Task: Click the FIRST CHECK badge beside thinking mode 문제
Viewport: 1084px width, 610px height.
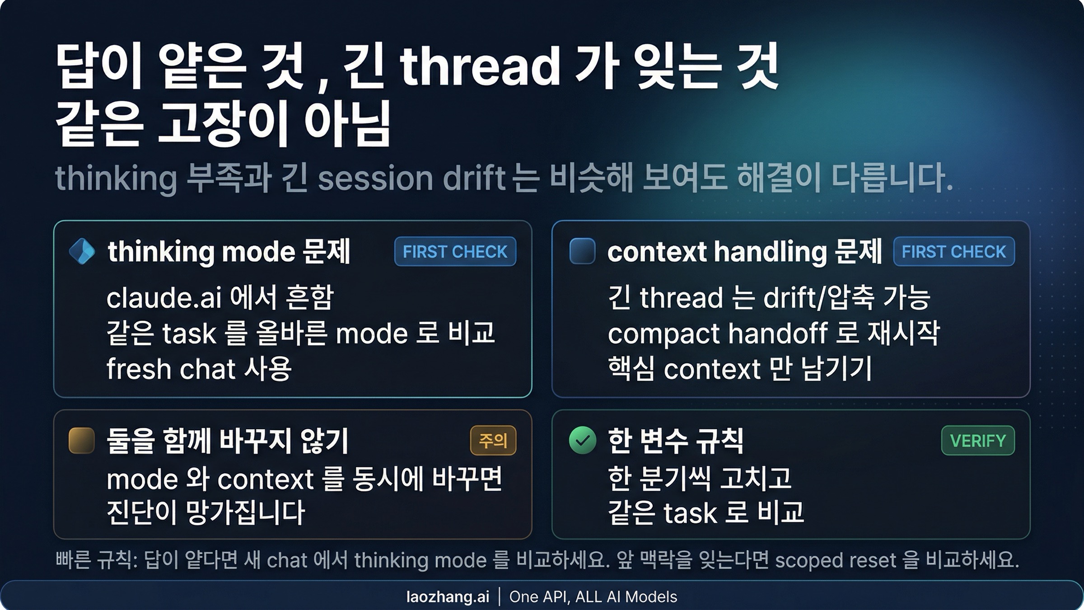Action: click(455, 252)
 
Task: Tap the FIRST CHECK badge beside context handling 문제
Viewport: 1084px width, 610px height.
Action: click(953, 252)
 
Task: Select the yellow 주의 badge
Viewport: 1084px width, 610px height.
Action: click(493, 440)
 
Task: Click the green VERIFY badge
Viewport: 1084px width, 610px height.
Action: click(978, 440)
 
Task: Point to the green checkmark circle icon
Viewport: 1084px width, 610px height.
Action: click(583, 440)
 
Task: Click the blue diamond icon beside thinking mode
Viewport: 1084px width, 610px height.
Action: click(82, 251)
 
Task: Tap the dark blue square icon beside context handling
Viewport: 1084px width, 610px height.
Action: click(582, 251)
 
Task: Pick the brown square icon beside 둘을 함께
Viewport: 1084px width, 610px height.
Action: click(82, 440)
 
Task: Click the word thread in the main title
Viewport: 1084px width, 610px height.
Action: click(480, 68)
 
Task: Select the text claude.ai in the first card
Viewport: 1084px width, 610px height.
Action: click(164, 298)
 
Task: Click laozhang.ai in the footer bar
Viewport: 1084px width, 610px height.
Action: click(448, 597)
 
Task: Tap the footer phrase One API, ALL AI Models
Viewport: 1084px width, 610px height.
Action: click(593, 597)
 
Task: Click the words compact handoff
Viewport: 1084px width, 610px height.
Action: click(717, 333)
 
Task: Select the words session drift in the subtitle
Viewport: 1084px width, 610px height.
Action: click(411, 178)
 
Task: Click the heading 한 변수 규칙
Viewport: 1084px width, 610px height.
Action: click(675, 441)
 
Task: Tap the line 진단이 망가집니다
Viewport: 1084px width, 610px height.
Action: click(206, 513)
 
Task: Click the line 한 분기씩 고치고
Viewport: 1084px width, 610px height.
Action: click(699, 478)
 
